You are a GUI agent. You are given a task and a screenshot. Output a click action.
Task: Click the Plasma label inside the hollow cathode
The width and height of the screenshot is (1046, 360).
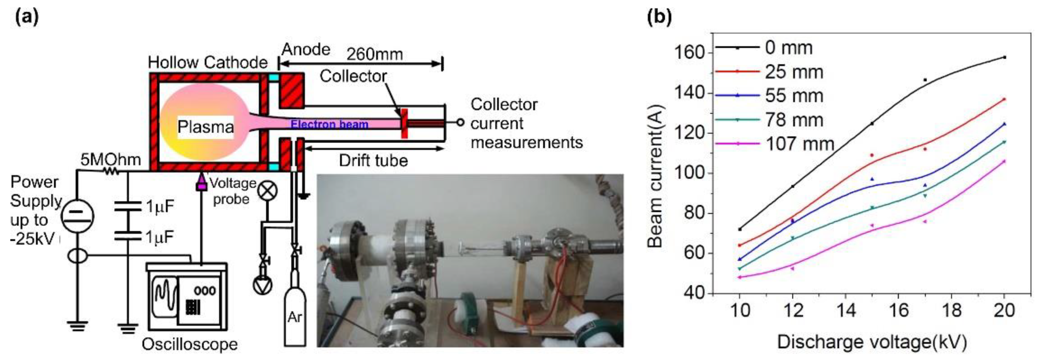[x=205, y=127]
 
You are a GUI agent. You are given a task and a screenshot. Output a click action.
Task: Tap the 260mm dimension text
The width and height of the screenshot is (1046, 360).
[x=374, y=54]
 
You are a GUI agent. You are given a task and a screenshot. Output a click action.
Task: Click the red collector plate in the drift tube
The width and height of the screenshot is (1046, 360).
[x=404, y=123]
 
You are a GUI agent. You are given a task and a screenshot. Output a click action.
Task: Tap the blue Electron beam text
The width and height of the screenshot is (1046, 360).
[x=329, y=124]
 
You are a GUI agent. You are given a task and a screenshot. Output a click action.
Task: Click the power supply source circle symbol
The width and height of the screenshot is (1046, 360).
[x=78, y=217]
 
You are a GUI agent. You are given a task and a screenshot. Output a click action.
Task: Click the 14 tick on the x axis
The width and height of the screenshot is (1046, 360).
[x=846, y=310]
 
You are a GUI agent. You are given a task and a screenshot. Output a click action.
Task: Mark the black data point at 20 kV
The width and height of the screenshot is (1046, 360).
[x=1004, y=57]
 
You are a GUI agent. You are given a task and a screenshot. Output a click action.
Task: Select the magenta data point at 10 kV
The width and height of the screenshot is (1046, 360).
[x=739, y=277]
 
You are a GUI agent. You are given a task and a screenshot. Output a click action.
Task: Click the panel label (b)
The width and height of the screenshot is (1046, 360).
[x=659, y=17]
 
